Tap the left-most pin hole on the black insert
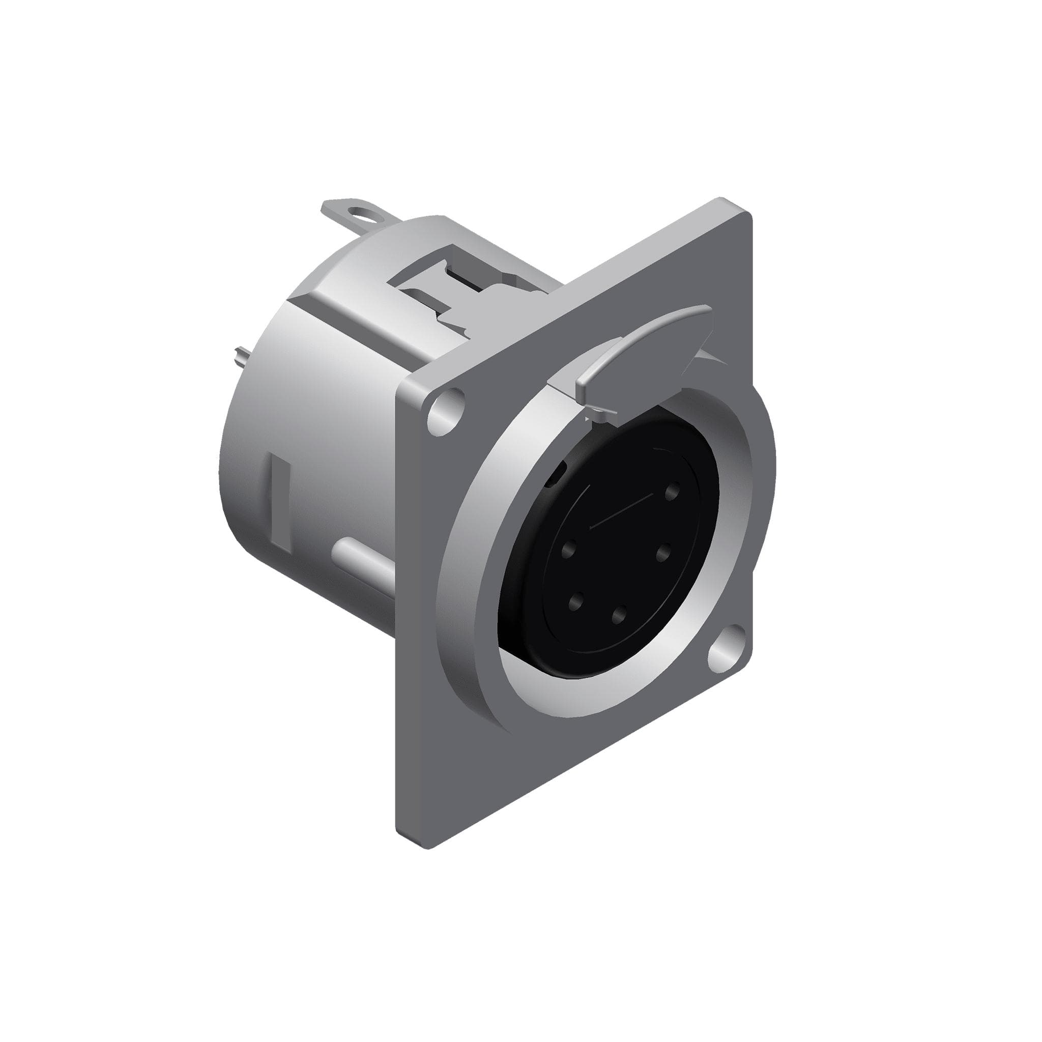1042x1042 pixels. point(567,551)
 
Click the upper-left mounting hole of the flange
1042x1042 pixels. point(447,411)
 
